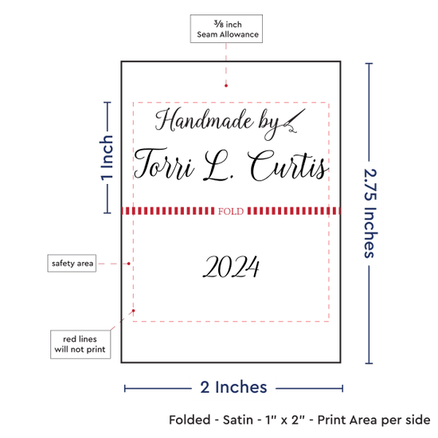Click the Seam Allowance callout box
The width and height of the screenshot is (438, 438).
(226, 29)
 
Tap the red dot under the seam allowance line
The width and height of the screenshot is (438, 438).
(226, 85)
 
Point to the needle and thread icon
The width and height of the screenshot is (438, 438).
(294, 121)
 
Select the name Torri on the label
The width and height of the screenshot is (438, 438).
(164, 164)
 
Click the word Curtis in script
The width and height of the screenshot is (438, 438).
(287, 166)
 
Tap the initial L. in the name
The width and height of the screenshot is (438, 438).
(219, 166)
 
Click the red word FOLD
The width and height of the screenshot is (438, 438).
(231, 211)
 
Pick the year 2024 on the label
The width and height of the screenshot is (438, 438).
(231, 267)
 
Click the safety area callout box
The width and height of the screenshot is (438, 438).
(72, 263)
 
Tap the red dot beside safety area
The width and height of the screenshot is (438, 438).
(129, 264)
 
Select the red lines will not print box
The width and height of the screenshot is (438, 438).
(80, 344)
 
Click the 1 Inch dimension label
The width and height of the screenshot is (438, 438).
(107, 158)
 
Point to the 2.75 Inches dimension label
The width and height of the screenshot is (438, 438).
(370, 213)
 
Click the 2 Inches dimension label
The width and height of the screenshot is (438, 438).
(233, 387)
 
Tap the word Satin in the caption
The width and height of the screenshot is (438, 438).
(238, 420)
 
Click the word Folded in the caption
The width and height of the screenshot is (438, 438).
(190, 420)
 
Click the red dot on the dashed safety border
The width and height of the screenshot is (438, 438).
(134, 311)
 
